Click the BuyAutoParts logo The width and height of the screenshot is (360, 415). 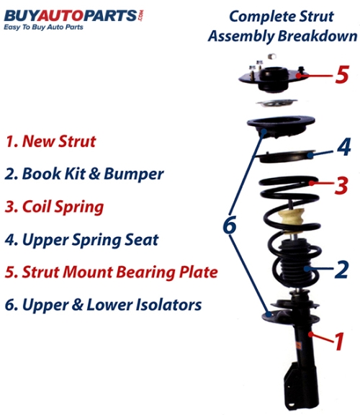click(73, 16)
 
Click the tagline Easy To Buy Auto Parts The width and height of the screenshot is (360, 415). click(43, 27)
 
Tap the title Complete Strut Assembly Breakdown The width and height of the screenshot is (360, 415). click(282, 26)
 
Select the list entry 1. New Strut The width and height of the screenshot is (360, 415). click(50, 141)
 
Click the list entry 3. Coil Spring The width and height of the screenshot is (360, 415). click(54, 207)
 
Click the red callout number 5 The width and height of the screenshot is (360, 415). click(342, 74)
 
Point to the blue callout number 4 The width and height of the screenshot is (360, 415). click(344, 146)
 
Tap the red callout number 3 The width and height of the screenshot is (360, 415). click(341, 185)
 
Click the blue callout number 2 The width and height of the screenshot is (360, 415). click(341, 269)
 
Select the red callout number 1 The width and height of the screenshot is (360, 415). click(339, 342)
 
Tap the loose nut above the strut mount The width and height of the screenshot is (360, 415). click(272, 56)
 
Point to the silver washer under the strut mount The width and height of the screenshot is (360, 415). click(276, 102)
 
